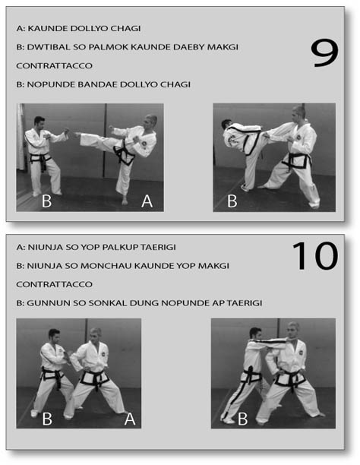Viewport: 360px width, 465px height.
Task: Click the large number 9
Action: [x=324, y=53]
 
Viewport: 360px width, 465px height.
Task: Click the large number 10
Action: [x=315, y=255]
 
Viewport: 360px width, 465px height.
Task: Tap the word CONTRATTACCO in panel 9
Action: [x=54, y=65]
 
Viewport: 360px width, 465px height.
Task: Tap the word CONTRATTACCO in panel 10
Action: [x=54, y=284]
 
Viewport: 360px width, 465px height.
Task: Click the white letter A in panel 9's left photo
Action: [x=147, y=201]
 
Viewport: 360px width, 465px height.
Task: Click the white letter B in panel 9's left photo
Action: [x=46, y=201]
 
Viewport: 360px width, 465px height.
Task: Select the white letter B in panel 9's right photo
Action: [x=232, y=201]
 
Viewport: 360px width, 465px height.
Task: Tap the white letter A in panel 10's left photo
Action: [x=130, y=419]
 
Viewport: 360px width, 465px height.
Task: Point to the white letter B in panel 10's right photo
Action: [x=242, y=419]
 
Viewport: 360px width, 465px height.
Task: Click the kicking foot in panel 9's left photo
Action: [x=77, y=134]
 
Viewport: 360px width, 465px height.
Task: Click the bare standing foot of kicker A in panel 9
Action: [x=125, y=201]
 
